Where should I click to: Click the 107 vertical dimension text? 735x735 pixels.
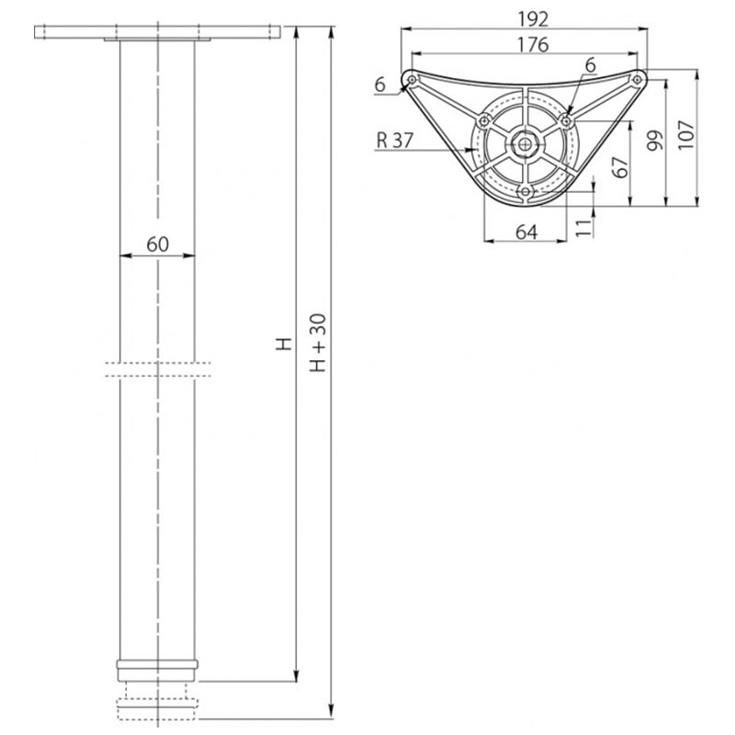688,134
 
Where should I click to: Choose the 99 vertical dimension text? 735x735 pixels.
654,140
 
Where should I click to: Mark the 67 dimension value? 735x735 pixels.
619,167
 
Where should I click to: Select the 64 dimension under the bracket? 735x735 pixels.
526,232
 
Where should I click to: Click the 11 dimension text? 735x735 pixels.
582,227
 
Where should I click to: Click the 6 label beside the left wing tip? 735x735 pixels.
379,84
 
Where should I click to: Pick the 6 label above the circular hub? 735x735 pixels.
589,64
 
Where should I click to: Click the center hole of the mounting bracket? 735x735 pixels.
525,143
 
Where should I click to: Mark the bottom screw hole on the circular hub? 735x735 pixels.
525,191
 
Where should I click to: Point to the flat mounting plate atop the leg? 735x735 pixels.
157,33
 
